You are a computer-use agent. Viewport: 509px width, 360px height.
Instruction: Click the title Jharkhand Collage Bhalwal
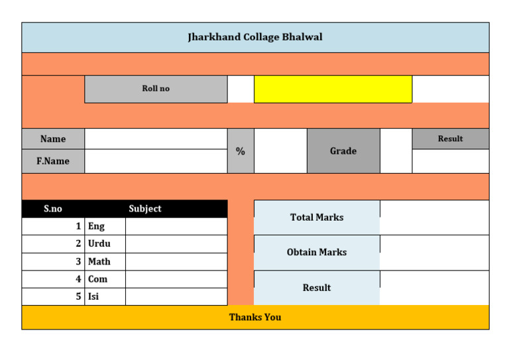click(255, 37)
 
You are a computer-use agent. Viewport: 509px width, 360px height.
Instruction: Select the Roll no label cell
click(156, 89)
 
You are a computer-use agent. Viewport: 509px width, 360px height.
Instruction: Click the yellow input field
click(333, 89)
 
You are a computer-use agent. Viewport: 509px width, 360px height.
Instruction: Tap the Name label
click(53, 139)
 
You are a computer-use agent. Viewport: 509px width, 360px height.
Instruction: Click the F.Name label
click(53, 161)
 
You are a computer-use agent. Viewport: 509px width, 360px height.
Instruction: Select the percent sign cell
click(241, 151)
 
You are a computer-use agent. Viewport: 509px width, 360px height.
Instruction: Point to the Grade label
click(343, 151)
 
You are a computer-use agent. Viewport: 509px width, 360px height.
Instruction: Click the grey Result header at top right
click(450, 139)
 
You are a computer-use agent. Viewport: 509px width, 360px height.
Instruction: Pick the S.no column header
click(53, 209)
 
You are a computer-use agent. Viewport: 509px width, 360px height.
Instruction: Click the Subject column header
click(145, 209)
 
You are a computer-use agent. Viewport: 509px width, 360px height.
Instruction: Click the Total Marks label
click(317, 217)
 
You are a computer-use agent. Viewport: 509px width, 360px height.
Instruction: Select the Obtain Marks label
click(317, 253)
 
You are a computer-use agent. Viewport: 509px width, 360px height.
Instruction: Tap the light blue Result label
click(317, 288)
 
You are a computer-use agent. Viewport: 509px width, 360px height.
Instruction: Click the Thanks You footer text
click(255, 318)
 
